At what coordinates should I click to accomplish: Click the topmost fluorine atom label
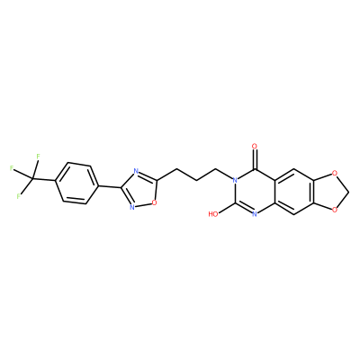38,157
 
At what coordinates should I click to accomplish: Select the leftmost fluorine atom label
12,168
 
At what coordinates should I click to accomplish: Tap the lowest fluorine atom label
19,196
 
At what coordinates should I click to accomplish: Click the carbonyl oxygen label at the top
255,147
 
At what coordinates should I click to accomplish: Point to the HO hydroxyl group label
213,214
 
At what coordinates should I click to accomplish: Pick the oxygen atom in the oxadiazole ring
154,202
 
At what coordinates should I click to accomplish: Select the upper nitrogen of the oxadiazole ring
136,172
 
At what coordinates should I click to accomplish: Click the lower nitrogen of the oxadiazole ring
132,207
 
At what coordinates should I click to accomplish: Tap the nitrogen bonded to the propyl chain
235,180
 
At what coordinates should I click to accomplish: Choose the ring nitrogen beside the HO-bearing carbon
255,214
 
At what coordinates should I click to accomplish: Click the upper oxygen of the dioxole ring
334,174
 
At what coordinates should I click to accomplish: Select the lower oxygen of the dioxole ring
334,210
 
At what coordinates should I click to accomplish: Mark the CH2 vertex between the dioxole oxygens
347,192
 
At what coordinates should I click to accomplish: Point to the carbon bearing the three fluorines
32,179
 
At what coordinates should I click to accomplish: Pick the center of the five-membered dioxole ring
329,192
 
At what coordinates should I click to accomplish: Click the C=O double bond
255,159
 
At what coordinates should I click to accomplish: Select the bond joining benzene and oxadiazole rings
110,186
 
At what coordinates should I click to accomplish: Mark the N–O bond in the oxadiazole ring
143,204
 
